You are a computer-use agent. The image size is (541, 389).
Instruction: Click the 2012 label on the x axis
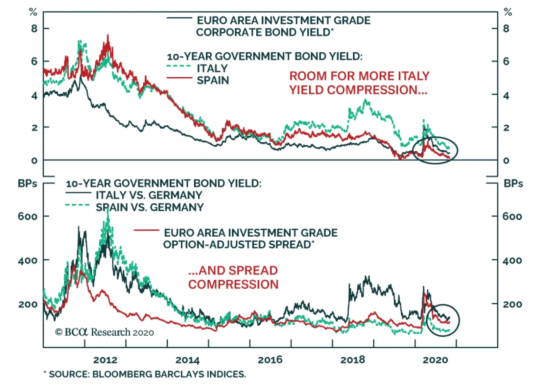tap(105, 360)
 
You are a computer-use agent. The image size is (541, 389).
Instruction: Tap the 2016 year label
tap(270, 360)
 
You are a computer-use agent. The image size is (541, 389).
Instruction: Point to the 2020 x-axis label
tap(435, 360)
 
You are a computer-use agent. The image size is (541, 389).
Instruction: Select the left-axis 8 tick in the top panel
tap(34, 29)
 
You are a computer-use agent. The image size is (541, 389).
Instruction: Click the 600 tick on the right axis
tap(512, 216)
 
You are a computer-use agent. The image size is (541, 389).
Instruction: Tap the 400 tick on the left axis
tap(28, 261)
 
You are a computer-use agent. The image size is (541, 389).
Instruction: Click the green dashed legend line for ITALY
tap(179, 66)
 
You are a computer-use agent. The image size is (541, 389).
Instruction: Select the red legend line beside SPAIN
tap(179, 78)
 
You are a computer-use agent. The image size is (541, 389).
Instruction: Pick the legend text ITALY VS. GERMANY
tap(149, 195)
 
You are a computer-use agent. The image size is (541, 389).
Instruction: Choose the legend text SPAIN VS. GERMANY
tap(149, 207)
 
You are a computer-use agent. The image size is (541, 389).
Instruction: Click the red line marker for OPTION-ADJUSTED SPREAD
tap(146, 230)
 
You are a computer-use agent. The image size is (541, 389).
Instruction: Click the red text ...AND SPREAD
tap(233, 270)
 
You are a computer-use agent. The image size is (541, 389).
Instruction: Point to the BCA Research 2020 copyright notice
tap(104, 332)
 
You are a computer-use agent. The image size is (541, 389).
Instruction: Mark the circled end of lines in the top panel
tap(436, 150)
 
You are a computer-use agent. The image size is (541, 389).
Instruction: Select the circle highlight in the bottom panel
tap(443, 320)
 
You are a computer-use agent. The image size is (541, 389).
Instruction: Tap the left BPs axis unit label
tap(27, 184)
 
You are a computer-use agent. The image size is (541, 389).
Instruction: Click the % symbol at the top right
tap(508, 13)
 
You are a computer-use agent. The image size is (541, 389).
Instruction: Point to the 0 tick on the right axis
tap(506, 161)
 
